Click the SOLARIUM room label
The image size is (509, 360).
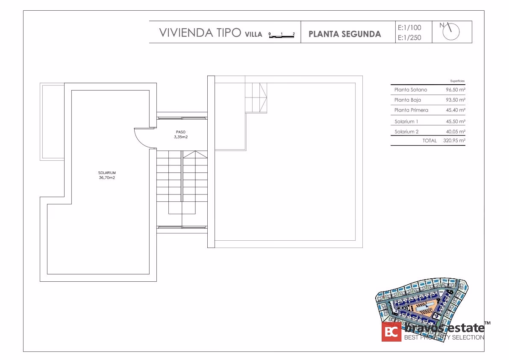pos(107,173)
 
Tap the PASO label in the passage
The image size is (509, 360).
pos(180,132)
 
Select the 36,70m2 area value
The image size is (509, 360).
pos(107,177)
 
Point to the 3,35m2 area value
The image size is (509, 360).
pos(180,137)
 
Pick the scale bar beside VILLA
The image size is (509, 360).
pos(282,36)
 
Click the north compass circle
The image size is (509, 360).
pos(451,32)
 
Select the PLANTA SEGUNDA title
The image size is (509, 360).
pos(344,34)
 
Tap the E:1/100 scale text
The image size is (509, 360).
pos(409,28)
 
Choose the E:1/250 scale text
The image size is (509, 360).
pos(409,38)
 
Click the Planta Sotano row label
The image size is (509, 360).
pos(411,90)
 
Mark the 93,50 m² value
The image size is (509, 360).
pos(456,100)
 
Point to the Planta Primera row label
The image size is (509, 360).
pos(411,110)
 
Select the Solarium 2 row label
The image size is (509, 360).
pos(406,131)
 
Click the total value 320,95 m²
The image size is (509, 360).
pos(454,141)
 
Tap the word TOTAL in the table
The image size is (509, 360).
pos(430,141)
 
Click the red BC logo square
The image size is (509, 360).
pos(391,332)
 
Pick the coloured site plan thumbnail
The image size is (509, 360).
pos(422,300)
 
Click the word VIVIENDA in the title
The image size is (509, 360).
pos(186,33)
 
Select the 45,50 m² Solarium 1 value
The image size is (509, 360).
pos(456,121)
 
